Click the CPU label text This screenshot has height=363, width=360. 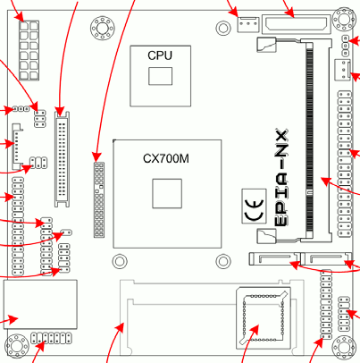click(x=160, y=55)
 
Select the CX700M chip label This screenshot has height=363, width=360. click(x=166, y=158)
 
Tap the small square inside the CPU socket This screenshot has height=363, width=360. click(x=161, y=76)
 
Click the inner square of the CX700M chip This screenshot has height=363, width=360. click(x=167, y=193)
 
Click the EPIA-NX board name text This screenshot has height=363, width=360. click(x=280, y=178)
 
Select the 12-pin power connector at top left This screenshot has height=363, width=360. click(x=29, y=50)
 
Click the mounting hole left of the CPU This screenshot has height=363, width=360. click(x=103, y=29)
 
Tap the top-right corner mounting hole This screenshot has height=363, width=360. click(x=345, y=20)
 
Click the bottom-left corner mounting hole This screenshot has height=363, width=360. click(x=16, y=346)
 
